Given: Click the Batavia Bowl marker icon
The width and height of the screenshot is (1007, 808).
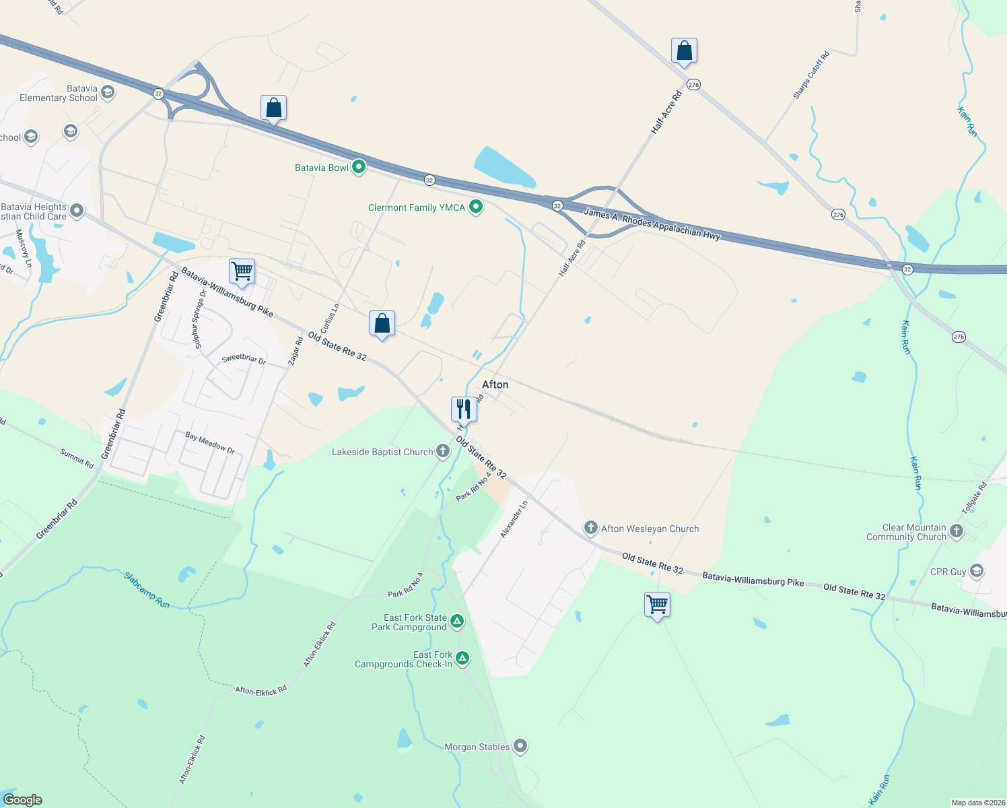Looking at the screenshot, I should tap(359, 167).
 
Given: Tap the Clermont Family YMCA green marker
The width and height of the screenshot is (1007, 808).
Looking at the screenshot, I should tap(476, 207).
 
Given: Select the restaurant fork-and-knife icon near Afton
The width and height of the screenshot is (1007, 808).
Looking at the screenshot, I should tap(464, 409).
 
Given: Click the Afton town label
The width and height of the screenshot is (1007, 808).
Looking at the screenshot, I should tap(495, 384).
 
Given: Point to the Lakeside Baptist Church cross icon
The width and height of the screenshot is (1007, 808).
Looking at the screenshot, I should tap(443, 451).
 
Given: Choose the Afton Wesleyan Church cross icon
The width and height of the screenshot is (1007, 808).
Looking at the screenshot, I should tap(591, 528).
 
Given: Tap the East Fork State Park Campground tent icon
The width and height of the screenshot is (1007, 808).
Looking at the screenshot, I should tap(457, 621).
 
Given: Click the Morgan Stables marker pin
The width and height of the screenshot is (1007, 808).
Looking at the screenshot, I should tap(520, 746).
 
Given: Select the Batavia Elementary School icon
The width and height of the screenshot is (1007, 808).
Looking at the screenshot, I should tap(108, 92).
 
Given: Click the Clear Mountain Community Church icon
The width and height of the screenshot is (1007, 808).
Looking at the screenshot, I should tap(957, 532).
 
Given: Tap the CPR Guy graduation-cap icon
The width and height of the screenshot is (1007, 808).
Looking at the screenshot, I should tap(977, 572).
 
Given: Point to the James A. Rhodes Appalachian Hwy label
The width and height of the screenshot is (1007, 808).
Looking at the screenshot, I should tap(652, 224).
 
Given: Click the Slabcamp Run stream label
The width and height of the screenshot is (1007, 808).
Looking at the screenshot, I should tap(147, 590).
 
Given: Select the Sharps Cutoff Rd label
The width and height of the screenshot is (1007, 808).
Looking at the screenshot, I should tap(811, 75).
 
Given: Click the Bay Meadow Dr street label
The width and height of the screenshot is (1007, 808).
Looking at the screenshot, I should tap(210, 442).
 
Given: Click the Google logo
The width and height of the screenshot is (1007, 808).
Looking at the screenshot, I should tap(23, 800).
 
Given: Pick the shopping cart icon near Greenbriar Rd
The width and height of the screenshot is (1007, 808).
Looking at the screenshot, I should tap(242, 271).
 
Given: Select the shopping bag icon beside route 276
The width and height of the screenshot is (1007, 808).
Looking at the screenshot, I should tap(684, 51).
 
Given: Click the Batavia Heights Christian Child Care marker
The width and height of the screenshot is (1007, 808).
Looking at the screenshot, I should tap(77, 211).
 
